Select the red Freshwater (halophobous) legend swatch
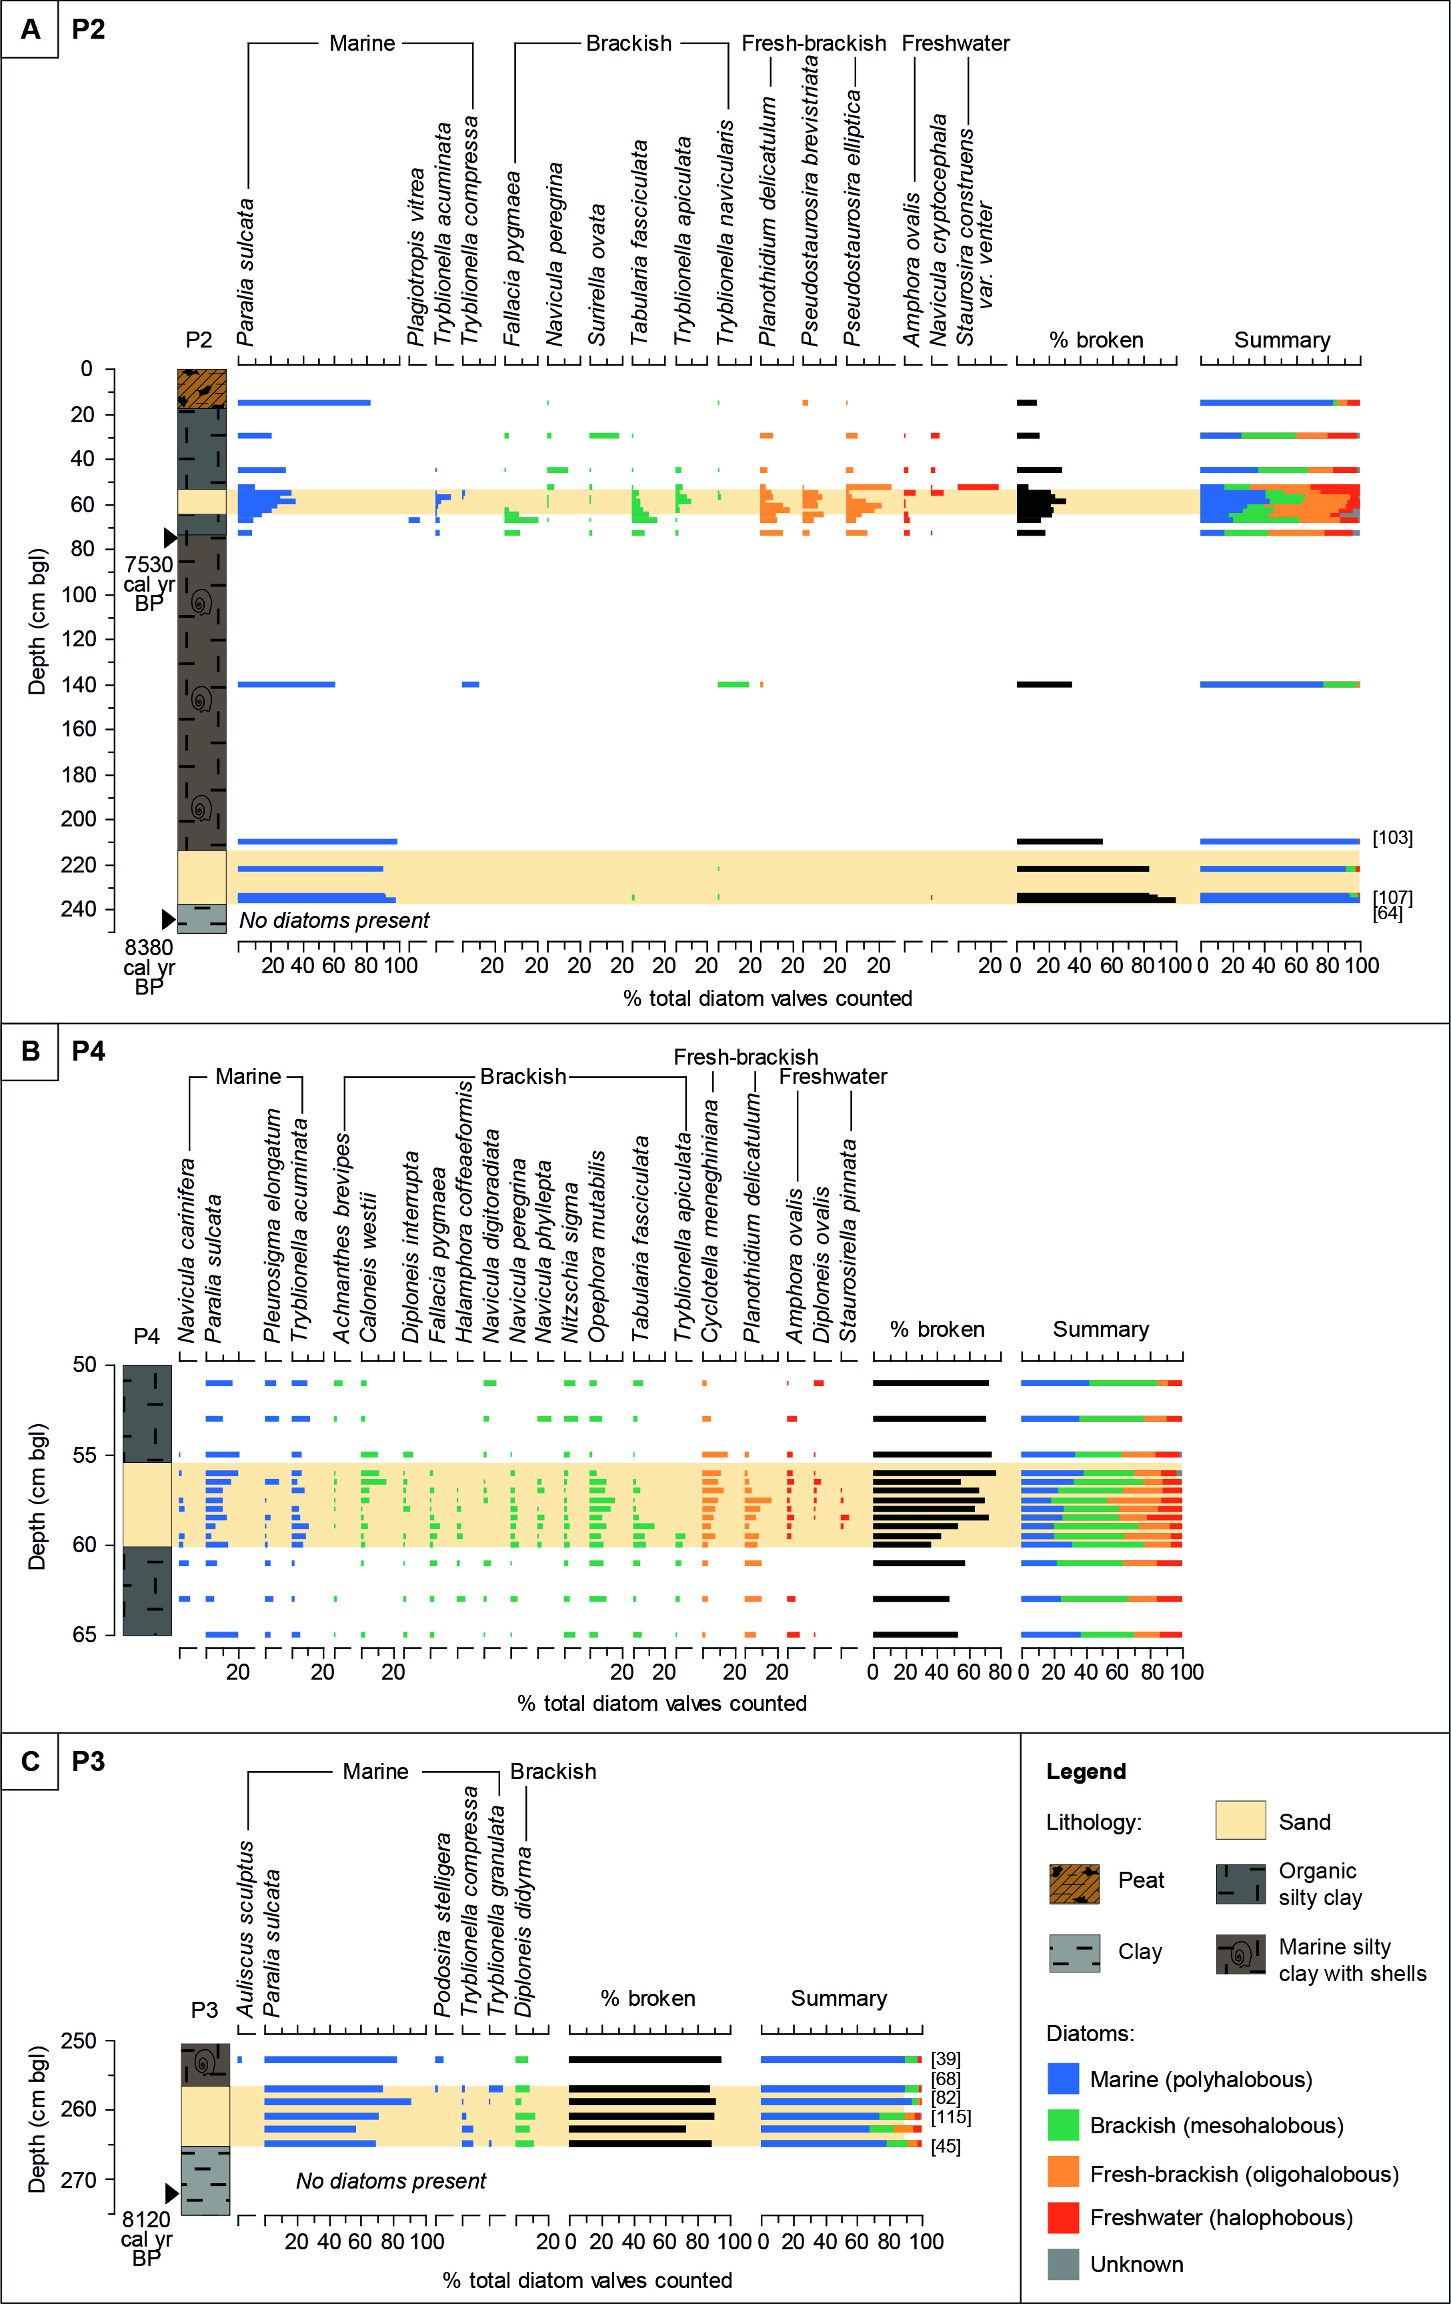(1063, 2218)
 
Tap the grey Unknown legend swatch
(1063, 2264)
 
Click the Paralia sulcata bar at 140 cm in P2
(286, 684)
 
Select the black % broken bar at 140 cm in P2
(1044, 684)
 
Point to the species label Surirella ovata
(597, 275)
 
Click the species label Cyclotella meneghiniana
(709, 1220)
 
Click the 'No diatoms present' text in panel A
(334, 921)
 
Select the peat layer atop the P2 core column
(202, 388)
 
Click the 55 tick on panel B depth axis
(86, 1456)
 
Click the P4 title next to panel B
(88, 1051)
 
